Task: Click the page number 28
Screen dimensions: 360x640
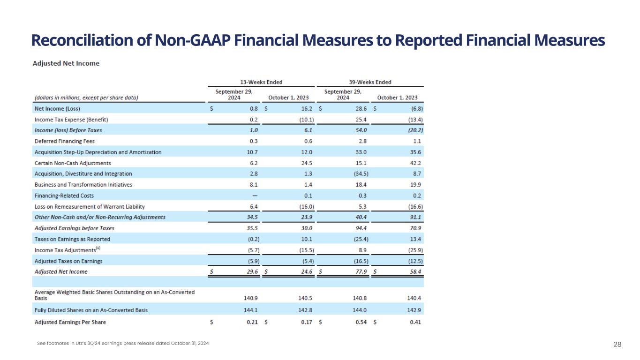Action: pyautogui.click(x=617, y=345)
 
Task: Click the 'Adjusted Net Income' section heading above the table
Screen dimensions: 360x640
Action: pyautogui.click(x=66, y=63)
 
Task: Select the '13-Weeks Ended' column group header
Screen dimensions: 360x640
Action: pyautogui.click(x=262, y=82)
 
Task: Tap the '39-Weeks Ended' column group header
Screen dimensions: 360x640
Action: pyautogui.click(x=370, y=82)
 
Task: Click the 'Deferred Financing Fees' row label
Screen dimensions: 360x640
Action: pyautogui.click(x=62, y=141)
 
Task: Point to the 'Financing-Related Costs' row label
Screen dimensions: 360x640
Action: pyautogui.click(x=61, y=195)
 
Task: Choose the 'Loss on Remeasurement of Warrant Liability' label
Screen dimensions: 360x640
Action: pyautogui.click(x=90, y=206)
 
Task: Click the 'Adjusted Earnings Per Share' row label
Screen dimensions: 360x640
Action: pyautogui.click(x=70, y=322)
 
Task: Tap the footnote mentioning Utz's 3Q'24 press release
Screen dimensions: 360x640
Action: pyautogui.click(x=123, y=344)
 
